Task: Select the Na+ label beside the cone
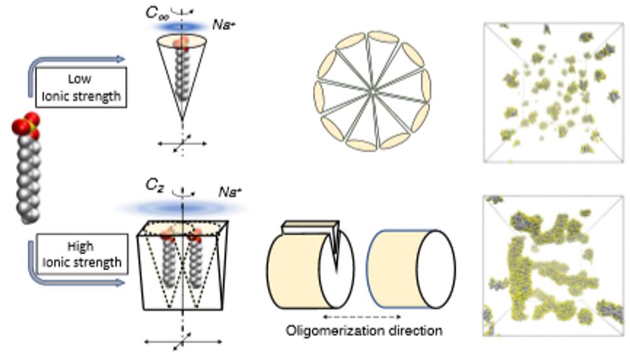pyautogui.click(x=224, y=25)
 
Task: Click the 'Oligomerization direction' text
pyautogui.click(x=364, y=331)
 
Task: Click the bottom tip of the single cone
pyautogui.click(x=182, y=119)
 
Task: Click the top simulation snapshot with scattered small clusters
pyautogui.click(x=548, y=92)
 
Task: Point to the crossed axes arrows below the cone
pyautogui.click(x=182, y=143)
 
